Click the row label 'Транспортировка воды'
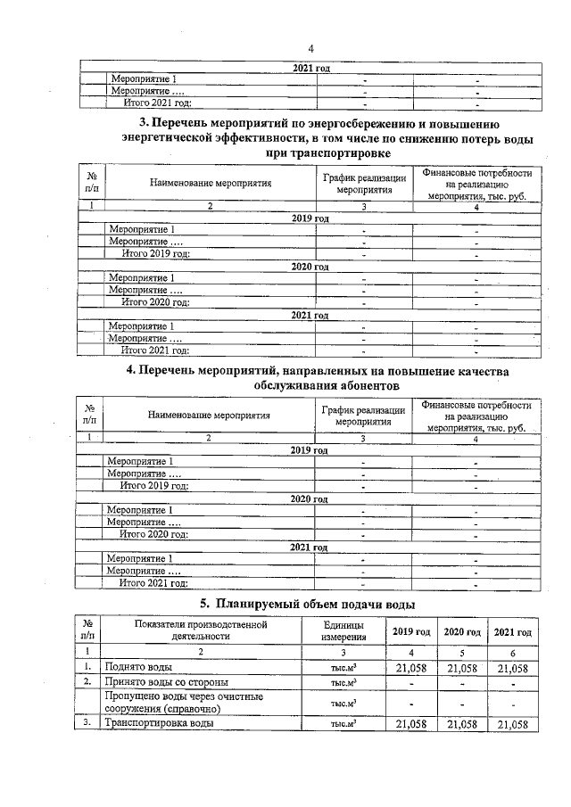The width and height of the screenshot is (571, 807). point(159,724)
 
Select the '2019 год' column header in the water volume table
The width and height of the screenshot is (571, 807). point(412,632)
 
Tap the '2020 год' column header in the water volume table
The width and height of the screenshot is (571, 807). point(462,632)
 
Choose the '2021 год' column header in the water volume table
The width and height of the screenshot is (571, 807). point(512,632)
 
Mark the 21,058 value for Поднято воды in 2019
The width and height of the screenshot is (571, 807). point(411,666)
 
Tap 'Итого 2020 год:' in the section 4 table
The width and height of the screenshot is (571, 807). point(154,534)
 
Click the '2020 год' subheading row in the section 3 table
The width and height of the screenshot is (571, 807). point(310,267)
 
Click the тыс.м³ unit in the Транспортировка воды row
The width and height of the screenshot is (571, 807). point(343,724)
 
